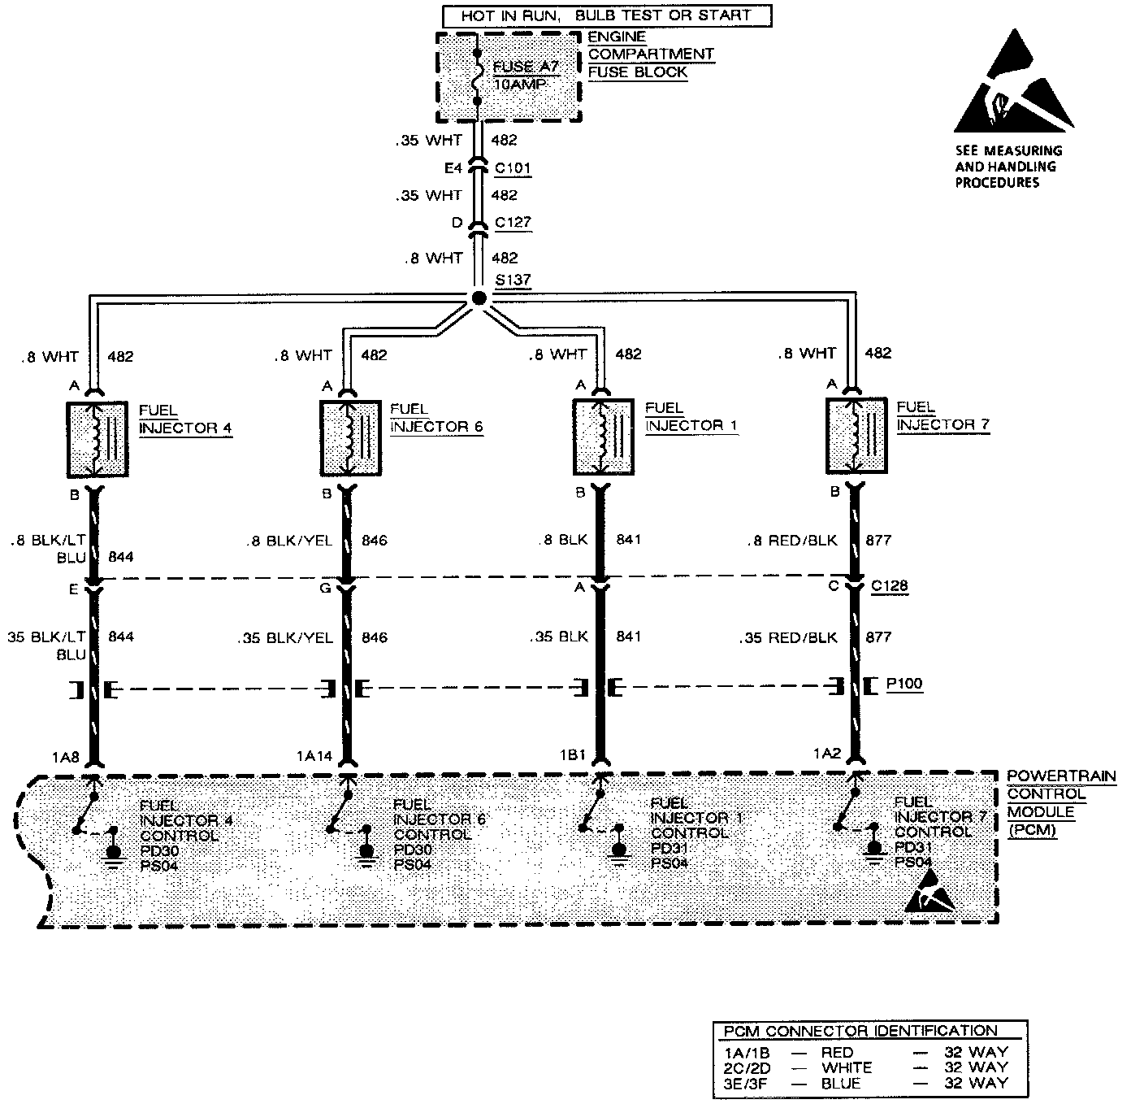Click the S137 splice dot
click(479, 298)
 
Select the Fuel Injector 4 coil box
click(97, 439)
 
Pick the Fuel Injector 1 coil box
click(603, 437)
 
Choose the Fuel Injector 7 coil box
click(856, 435)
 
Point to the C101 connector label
click(513, 168)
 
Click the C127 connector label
click(513, 223)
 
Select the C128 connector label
click(889, 586)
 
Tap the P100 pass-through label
click(904, 684)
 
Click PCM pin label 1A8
click(65, 757)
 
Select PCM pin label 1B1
click(572, 754)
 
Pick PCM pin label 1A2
click(826, 754)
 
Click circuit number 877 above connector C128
click(878, 540)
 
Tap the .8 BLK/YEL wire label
click(289, 541)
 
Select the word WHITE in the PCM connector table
click(847, 1067)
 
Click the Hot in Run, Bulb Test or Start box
click(606, 15)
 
